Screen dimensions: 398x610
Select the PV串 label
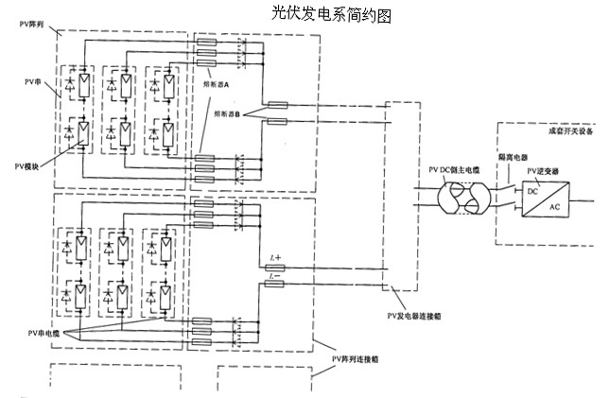tap(33, 85)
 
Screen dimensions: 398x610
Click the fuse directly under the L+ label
tap(277, 268)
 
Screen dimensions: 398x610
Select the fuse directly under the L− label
tap(277, 286)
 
